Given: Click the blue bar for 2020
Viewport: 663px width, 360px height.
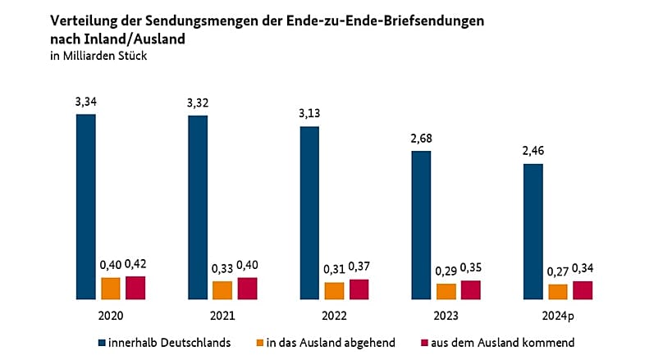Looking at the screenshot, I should point(86,207).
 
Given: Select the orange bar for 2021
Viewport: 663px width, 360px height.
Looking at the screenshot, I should point(222,290).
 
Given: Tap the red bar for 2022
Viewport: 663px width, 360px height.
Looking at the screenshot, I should point(359,289).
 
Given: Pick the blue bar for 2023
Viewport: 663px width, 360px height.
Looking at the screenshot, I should point(421,226).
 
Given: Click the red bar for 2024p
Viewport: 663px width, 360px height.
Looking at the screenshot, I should point(583,290).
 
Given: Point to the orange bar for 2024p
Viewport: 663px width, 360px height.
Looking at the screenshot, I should point(557,292).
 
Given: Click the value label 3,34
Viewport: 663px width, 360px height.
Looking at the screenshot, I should point(85,102).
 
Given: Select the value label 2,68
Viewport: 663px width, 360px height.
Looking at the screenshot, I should point(421,139).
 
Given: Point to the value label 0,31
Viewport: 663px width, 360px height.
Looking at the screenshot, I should point(333,270).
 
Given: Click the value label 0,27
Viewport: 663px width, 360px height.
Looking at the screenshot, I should point(557,271).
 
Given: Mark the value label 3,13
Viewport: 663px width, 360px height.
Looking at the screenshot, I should point(309,114).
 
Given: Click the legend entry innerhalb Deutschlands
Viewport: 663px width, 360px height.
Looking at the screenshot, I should point(169,342).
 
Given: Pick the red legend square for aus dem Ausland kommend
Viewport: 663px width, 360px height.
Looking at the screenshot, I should point(426,342).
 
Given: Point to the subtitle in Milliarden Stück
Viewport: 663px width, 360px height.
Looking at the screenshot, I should point(98,55).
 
